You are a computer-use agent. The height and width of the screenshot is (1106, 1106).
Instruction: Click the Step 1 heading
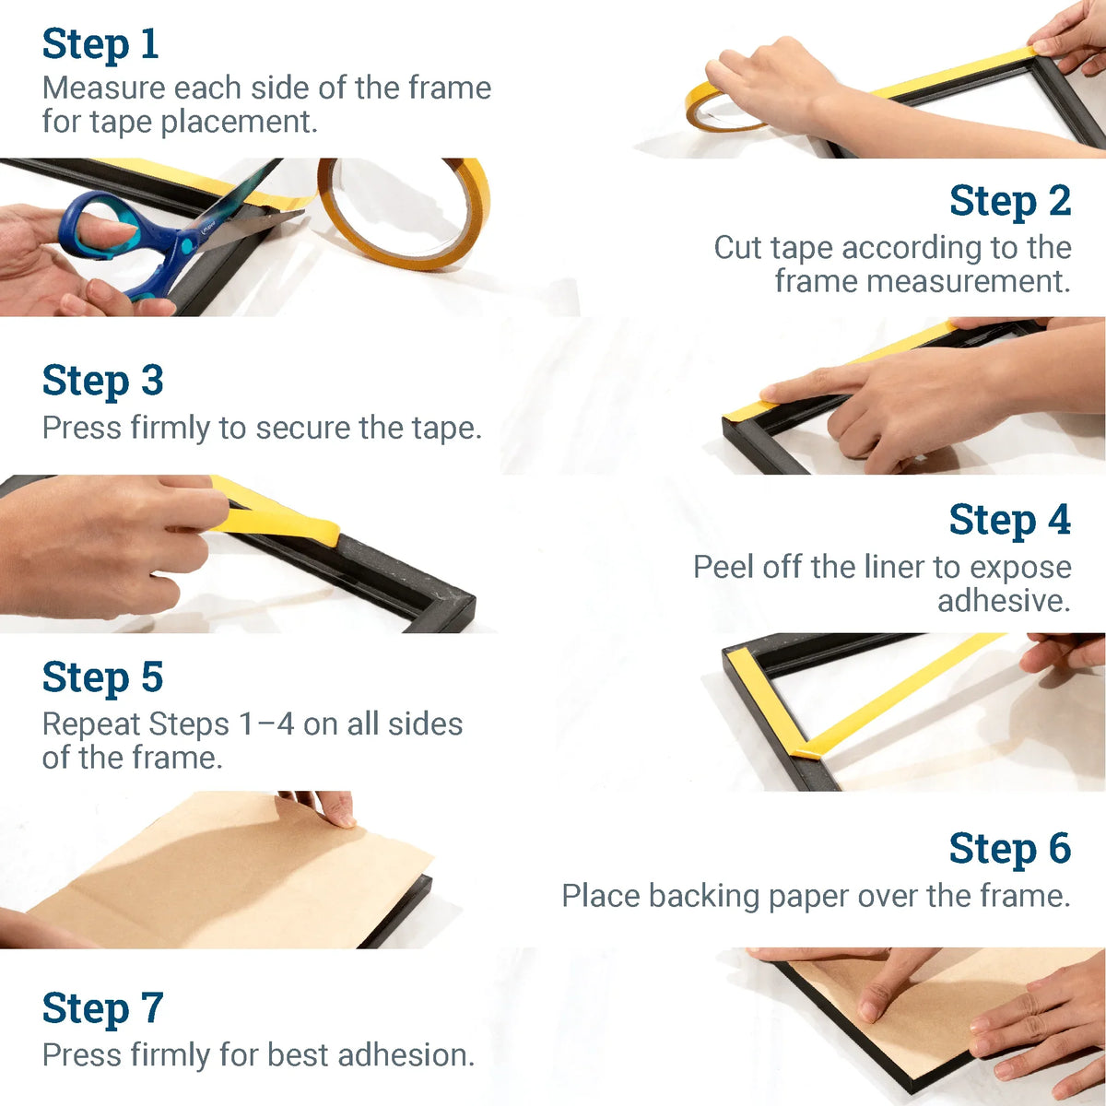100,44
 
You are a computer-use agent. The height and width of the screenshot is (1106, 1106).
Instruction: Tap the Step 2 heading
1009,202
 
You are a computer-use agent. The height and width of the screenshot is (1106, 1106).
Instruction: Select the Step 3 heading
102,382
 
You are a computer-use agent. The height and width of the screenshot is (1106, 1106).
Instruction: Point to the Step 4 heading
1009,521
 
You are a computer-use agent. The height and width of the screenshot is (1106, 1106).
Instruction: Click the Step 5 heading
102,678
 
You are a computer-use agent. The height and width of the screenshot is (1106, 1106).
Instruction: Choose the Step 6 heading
1009,849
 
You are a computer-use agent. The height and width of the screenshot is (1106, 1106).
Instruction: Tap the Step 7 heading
102,1008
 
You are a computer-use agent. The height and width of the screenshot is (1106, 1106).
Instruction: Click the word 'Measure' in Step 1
103,88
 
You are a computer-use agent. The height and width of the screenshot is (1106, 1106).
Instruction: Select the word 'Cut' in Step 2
737,248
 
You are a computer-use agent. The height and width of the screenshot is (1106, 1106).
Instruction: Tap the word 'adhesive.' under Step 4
1004,601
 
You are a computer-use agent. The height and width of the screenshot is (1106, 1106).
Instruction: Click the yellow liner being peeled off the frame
276,516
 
